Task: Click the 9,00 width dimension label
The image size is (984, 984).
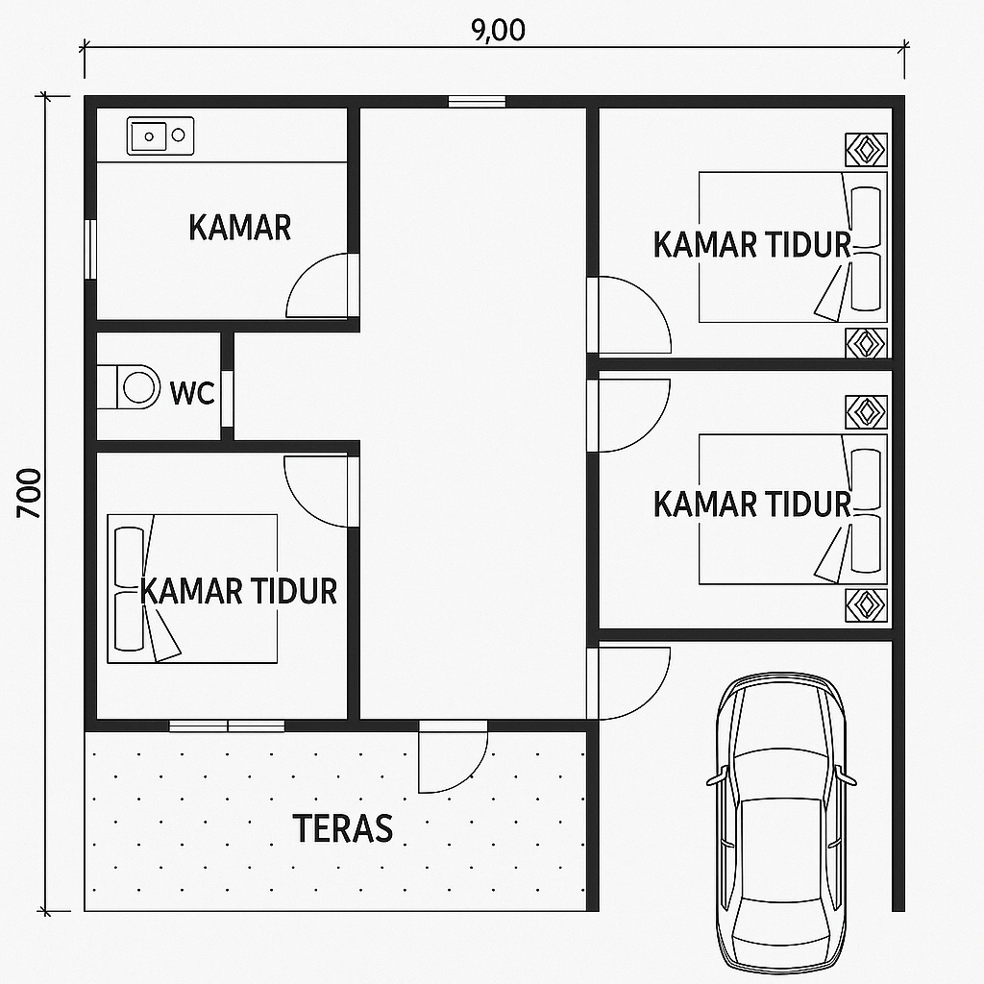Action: (x=499, y=30)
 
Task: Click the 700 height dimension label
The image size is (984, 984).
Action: (x=29, y=493)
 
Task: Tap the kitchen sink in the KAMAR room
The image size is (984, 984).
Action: (x=160, y=135)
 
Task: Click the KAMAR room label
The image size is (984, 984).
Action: (x=239, y=227)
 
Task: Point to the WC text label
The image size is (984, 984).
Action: (x=192, y=393)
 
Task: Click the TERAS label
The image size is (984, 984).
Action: (x=343, y=827)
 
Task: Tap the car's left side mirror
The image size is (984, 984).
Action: (x=716, y=778)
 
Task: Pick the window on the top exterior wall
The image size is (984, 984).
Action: (x=477, y=102)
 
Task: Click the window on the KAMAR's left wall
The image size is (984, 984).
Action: (x=90, y=249)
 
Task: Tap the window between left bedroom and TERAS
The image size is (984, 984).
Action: (x=227, y=726)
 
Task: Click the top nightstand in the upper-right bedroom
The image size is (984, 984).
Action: (x=866, y=150)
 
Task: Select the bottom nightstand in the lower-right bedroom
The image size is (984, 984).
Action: (x=866, y=605)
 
